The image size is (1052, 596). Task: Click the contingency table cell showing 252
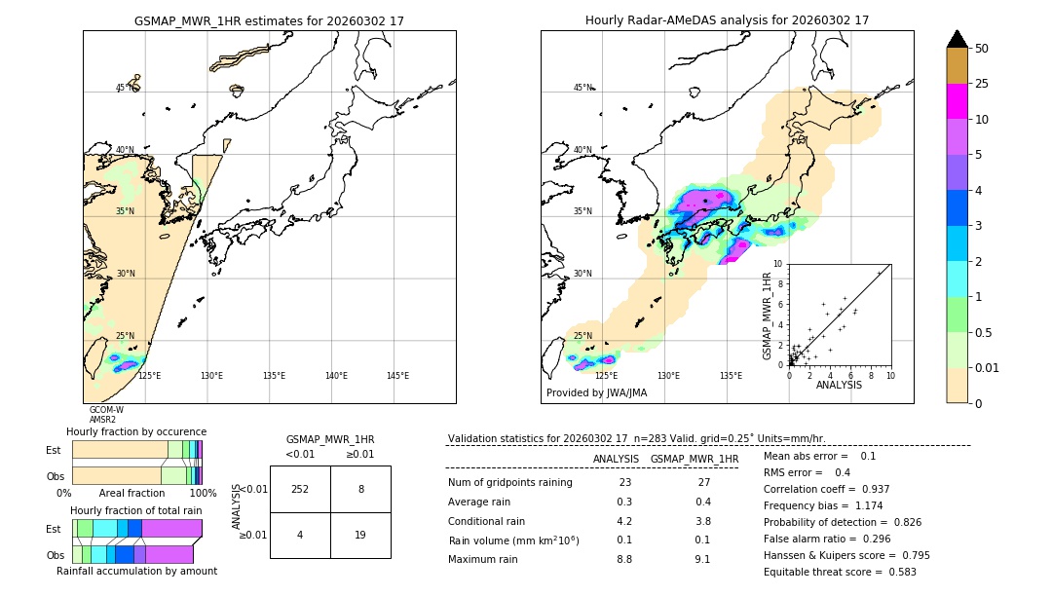(300, 489)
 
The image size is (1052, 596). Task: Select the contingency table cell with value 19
(360, 535)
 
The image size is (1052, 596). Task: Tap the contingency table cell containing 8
(360, 489)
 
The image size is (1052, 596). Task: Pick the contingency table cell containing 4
(300, 535)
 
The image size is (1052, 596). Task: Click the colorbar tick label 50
(982, 49)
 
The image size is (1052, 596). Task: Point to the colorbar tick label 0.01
(988, 367)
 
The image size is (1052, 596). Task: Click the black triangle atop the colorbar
(958, 39)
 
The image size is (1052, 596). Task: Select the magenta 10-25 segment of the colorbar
(958, 101)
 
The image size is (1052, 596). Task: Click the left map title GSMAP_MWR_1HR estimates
(269, 20)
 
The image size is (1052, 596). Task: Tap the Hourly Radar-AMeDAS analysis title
(727, 20)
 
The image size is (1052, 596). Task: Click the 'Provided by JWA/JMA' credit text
(596, 393)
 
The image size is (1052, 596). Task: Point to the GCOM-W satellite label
(106, 410)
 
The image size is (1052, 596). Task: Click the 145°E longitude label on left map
(397, 376)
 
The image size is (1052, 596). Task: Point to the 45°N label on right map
(582, 88)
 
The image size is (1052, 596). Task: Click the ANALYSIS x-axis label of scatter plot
(839, 385)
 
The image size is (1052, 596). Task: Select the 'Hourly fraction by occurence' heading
(136, 431)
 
